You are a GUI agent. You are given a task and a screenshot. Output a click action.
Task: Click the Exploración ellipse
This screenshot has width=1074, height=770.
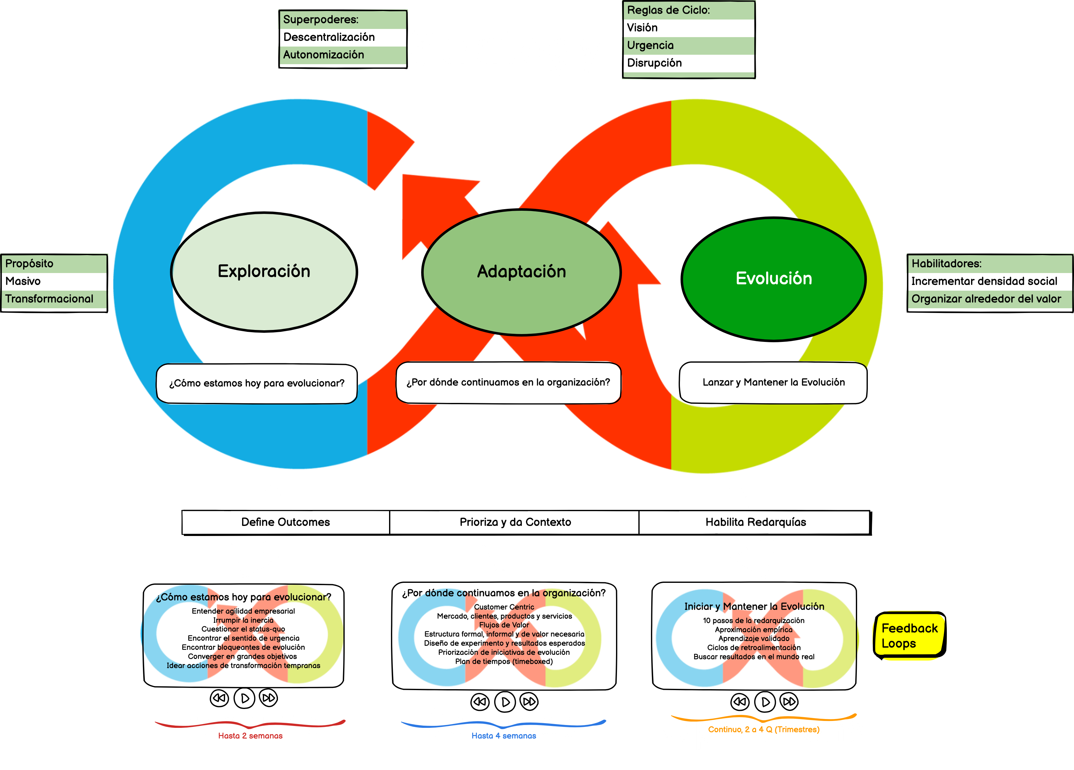tap(264, 272)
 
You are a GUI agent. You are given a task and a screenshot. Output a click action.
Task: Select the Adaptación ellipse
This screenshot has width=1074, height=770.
tap(521, 272)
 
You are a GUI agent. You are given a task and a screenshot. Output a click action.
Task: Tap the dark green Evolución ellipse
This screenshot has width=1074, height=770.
tap(774, 279)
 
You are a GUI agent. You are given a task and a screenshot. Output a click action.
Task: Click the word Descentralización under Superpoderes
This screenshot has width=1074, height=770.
tap(329, 37)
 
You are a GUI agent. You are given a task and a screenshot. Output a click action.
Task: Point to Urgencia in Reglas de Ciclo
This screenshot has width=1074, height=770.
tap(650, 45)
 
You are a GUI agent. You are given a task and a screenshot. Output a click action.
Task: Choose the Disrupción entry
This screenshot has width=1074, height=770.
tap(654, 63)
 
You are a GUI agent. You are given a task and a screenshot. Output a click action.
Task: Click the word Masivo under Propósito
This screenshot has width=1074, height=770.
tap(23, 281)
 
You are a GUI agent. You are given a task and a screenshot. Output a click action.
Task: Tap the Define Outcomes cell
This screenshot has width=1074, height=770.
tap(285, 522)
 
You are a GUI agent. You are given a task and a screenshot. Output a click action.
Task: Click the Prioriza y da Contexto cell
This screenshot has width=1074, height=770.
tap(515, 522)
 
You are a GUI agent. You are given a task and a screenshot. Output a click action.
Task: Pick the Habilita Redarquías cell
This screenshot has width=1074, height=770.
tap(755, 522)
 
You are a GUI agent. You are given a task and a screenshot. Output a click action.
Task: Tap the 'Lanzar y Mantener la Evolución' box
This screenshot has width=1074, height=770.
tap(773, 382)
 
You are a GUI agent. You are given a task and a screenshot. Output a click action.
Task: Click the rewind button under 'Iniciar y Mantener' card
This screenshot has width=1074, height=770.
tap(740, 701)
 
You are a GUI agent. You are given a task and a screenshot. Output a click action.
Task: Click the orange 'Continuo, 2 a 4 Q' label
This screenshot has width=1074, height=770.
tap(763, 730)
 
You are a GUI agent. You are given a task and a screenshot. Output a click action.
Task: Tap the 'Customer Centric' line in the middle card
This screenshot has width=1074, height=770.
tap(504, 607)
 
